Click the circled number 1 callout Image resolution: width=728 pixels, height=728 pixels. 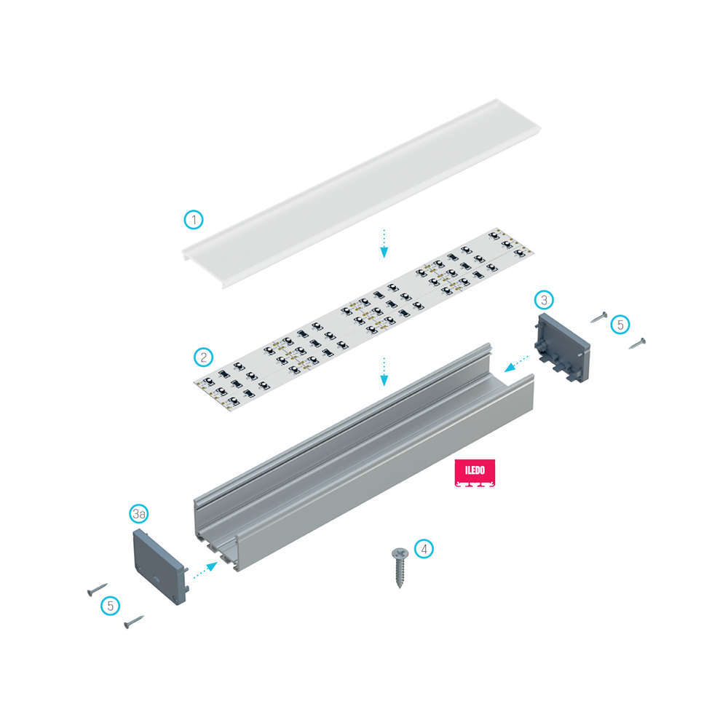pyautogui.click(x=194, y=220)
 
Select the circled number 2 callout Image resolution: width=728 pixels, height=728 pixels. pyautogui.click(x=203, y=357)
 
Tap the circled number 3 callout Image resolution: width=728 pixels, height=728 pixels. pyautogui.click(x=544, y=300)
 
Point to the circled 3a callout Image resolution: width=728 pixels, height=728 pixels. pyautogui.click(x=139, y=513)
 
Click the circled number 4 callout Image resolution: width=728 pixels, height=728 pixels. pyautogui.click(x=424, y=549)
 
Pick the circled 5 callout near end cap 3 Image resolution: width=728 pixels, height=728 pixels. pyautogui.click(x=620, y=325)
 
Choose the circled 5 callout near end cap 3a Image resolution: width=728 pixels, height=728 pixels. pyautogui.click(x=111, y=606)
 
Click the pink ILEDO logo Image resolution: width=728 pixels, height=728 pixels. pyautogui.click(x=475, y=472)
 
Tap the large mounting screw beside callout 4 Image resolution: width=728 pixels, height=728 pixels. pyautogui.click(x=400, y=567)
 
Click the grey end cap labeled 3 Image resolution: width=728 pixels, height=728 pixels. pyautogui.click(x=562, y=347)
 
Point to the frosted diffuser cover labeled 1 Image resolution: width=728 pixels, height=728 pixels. pyautogui.click(x=361, y=193)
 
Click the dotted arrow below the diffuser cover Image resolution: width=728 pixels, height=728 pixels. pyautogui.click(x=384, y=243)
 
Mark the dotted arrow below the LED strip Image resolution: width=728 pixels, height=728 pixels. pyautogui.click(x=384, y=371)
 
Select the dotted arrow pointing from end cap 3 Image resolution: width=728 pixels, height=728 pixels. pyautogui.click(x=517, y=363)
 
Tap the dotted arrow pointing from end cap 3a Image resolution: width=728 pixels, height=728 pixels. pyautogui.click(x=205, y=570)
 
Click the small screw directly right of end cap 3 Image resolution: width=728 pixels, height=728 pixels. pyautogui.click(x=599, y=317)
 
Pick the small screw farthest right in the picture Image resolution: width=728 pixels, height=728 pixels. pyautogui.click(x=638, y=343)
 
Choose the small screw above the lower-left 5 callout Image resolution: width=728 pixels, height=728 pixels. pyautogui.click(x=97, y=589)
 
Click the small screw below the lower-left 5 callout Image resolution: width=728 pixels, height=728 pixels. pyautogui.click(x=134, y=622)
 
